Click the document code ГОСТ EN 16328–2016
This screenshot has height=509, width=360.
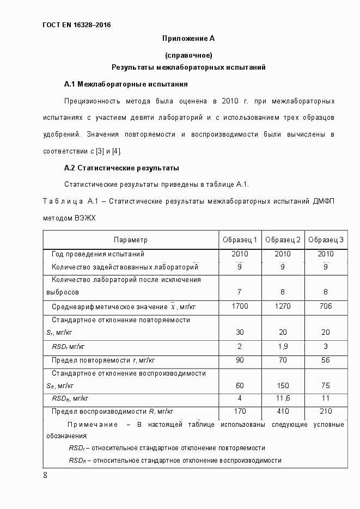[76, 24]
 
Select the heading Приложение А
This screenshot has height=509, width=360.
[188, 38]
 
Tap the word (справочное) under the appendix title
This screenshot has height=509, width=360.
[188, 55]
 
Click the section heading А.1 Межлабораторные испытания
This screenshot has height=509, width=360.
[126, 84]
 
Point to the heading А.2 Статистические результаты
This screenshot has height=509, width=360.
[121, 168]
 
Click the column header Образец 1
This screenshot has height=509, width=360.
[240, 240]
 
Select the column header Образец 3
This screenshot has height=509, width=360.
[326, 240]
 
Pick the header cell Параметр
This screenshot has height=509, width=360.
[131, 240]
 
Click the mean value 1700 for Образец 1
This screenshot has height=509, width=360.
[240, 306]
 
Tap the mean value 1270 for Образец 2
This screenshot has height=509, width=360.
[283, 306]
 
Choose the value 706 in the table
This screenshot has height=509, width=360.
[326, 306]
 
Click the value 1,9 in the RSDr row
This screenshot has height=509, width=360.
[283, 346]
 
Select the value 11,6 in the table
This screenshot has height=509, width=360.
[283, 398]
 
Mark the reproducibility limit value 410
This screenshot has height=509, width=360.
[283, 412]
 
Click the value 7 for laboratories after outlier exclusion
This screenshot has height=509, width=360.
[240, 292]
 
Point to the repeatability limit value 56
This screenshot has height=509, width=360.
[326, 360]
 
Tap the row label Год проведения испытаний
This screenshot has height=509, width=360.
[97, 254]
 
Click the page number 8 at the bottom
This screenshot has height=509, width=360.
[45, 475]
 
